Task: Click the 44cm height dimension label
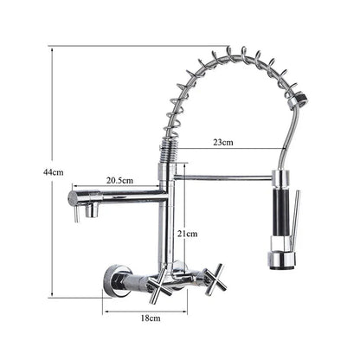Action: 54,172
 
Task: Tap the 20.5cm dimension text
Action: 119,180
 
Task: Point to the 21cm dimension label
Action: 188,234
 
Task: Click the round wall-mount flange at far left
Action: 110,279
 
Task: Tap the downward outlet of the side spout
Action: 77,210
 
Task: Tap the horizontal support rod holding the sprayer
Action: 225,177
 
